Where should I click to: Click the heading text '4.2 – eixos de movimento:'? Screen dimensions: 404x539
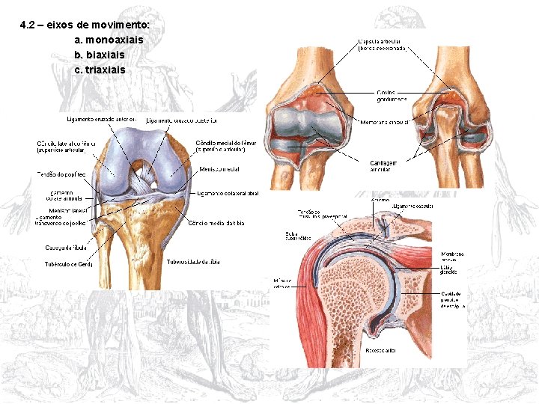[x=85, y=25]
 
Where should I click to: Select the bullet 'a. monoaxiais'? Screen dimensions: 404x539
[x=109, y=39]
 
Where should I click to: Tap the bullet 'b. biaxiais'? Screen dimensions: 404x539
[x=100, y=55]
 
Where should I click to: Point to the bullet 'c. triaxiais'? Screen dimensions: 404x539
[x=100, y=70]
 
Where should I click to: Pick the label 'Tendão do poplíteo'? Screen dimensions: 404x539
[x=61, y=174]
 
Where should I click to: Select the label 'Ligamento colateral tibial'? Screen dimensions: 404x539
[x=222, y=194]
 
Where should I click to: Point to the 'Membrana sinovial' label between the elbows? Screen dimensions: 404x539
[x=385, y=121]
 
